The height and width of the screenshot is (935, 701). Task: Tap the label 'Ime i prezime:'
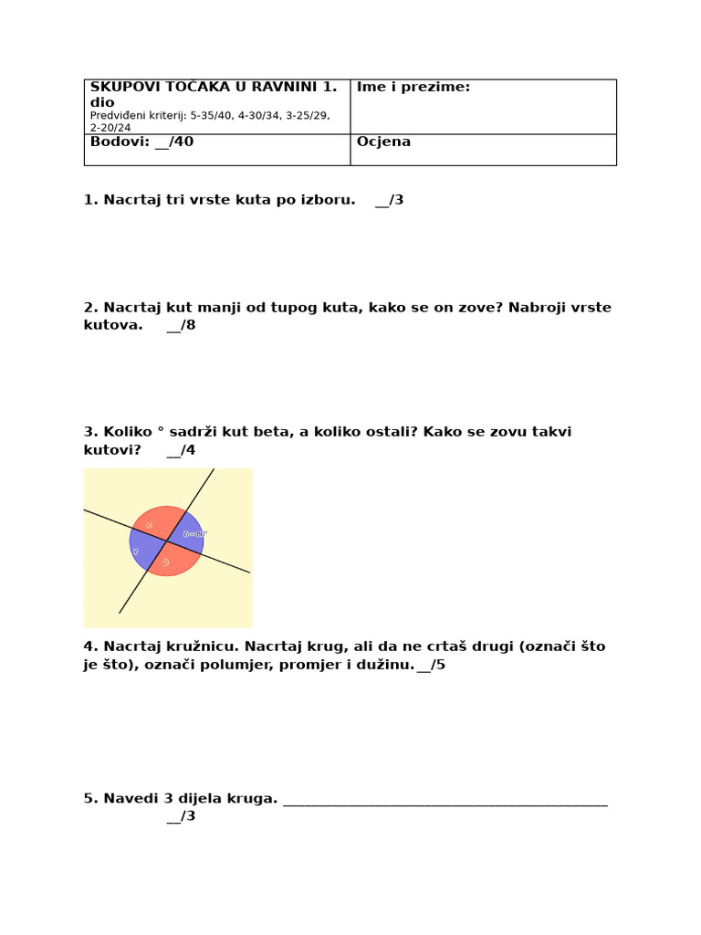[413, 87]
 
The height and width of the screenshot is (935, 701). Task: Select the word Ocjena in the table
[383, 142]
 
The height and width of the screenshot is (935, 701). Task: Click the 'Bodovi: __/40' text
[141, 142]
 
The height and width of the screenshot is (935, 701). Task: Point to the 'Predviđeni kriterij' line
[209, 116]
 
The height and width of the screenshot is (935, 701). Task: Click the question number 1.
[90, 200]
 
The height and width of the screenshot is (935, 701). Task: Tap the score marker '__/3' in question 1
[389, 200]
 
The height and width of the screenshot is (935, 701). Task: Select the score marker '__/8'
[181, 325]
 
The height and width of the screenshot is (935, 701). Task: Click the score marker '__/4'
[181, 450]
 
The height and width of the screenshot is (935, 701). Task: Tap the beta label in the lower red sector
[166, 563]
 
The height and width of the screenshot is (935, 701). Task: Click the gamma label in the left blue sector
[136, 552]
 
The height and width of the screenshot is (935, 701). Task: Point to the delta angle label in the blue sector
[194, 533]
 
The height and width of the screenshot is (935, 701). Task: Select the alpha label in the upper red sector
[149, 524]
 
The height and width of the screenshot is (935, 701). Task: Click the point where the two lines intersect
[166, 541]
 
